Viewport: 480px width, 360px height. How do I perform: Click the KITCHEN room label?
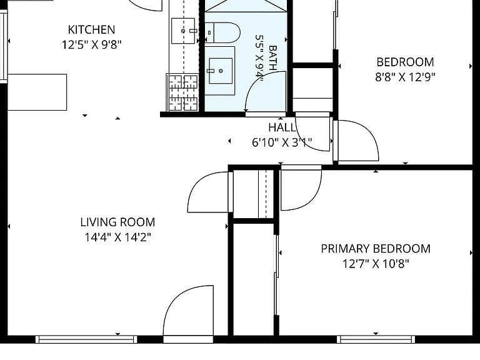coord(91,30)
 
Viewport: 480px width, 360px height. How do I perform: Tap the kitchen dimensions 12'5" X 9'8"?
coord(91,45)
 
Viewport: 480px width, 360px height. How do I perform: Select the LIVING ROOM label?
coord(118,222)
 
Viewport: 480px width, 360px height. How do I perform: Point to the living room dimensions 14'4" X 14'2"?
coord(118,237)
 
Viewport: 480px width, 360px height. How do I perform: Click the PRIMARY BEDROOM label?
coord(376,249)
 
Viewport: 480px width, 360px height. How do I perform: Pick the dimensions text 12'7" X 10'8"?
coord(376,264)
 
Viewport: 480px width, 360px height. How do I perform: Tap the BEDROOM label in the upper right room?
coord(405,62)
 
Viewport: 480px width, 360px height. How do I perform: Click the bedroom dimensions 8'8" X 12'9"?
coord(405,77)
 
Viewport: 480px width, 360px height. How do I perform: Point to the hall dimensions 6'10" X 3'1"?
coord(282,142)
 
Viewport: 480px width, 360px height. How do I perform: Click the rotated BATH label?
coord(272,58)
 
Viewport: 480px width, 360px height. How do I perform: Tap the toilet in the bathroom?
coord(222,32)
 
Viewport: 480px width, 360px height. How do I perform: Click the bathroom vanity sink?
coord(221,71)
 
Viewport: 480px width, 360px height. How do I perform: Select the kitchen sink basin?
coord(183,31)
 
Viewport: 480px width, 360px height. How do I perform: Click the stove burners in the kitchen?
coord(183,92)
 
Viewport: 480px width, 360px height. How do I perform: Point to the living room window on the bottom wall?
coord(86,339)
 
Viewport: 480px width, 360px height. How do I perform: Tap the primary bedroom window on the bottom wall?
coord(376,339)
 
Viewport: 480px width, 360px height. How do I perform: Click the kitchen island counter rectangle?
coord(37,92)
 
